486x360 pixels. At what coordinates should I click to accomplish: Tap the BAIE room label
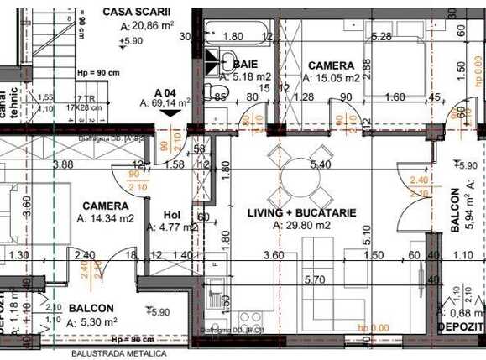[245, 64]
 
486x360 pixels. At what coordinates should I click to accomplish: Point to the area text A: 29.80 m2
[301, 225]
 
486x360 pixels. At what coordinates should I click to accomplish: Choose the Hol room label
[171, 213]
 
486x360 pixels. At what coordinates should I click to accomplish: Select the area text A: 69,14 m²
[165, 102]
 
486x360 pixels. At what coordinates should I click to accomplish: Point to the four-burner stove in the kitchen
[251, 320]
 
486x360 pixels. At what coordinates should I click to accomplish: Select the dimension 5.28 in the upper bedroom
[382, 36]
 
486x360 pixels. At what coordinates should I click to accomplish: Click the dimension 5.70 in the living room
[315, 279]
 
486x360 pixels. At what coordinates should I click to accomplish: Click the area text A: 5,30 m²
[94, 321]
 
